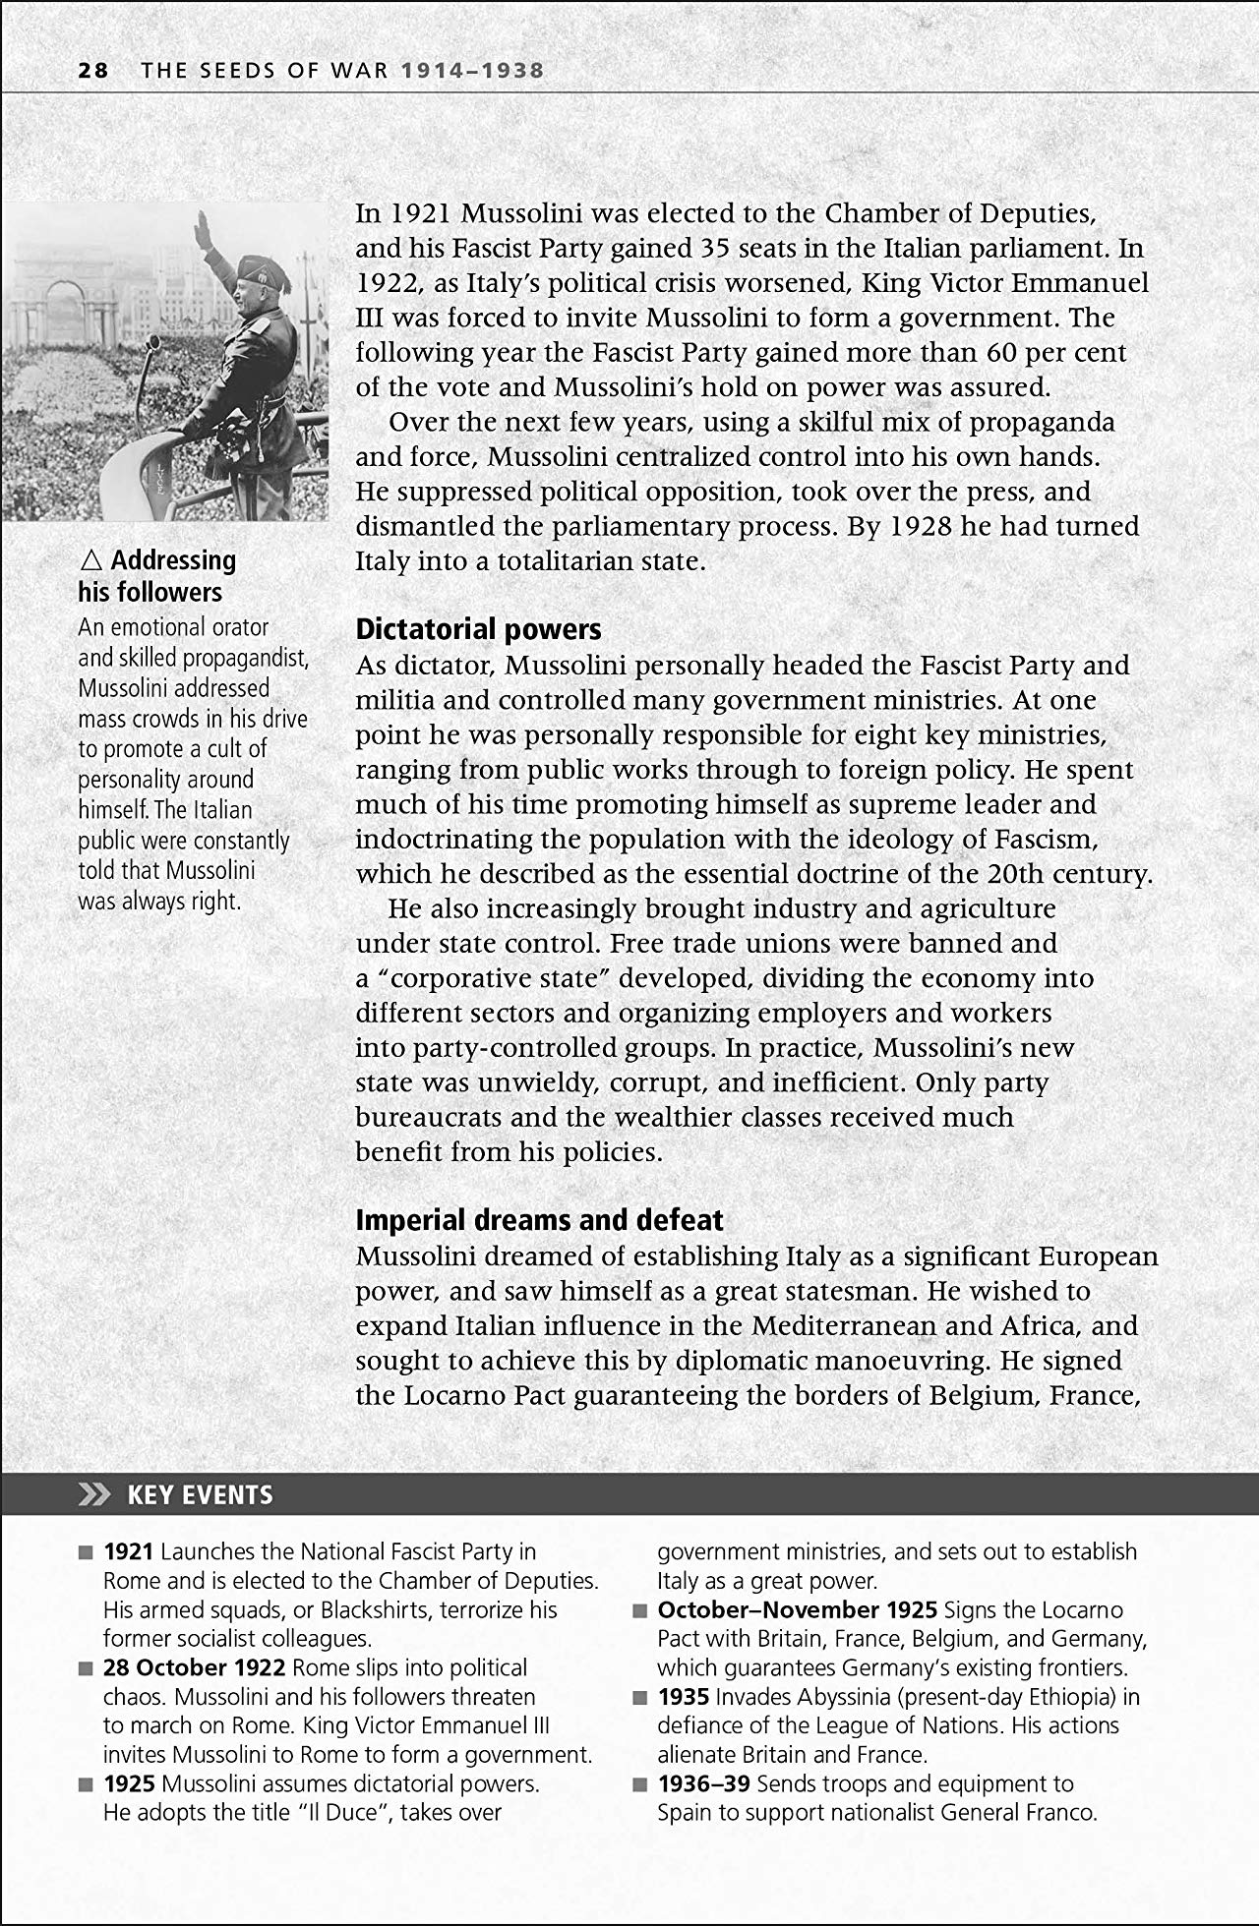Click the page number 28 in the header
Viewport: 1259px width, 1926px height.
93,71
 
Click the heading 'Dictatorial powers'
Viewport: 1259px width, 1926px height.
478,629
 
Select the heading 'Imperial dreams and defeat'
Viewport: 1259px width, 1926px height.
539,1220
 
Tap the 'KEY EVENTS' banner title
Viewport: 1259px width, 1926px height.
200,1495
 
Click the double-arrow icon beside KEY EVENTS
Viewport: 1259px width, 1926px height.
95,1495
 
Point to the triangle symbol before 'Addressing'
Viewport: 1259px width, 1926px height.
91,561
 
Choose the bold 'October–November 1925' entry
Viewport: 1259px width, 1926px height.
796,1609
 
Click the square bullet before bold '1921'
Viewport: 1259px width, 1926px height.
86,1552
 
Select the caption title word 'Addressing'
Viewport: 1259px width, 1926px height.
173,560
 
